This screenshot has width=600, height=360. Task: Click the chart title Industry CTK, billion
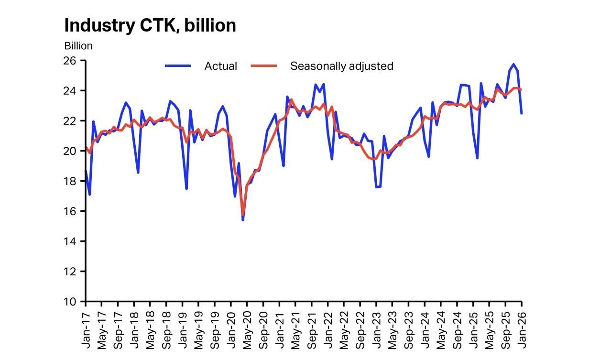pos(150,25)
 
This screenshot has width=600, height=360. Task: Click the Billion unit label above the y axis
pos(78,46)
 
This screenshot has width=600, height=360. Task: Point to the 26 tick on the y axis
pos(70,61)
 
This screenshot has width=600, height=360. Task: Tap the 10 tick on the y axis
pos(70,302)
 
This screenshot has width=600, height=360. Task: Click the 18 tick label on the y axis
pos(70,181)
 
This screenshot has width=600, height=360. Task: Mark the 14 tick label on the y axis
pos(70,241)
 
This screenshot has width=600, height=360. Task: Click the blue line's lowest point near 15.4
pos(243,220)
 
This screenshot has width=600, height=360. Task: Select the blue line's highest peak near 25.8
pos(513,64)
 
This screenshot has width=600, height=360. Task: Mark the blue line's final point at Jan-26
pos(522,114)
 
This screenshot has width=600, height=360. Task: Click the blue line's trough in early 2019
pos(186,188)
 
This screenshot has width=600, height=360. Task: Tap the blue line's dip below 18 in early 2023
pos(376,187)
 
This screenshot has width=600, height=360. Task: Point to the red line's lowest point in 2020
pos(243,215)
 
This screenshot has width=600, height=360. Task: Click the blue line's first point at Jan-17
pos(86,171)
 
